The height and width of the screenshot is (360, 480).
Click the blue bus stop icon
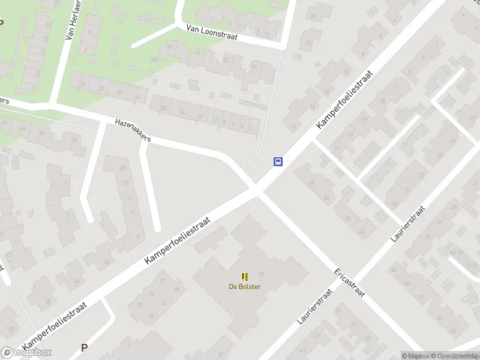[x=278, y=161]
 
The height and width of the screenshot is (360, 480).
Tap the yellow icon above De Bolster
[x=245, y=277]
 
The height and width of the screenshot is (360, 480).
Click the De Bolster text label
[x=245, y=286]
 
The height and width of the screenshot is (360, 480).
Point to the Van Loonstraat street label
[x=212, y=32]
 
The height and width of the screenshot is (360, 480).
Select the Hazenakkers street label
[x=133, y=130]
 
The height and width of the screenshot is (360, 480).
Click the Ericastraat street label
[x=350, y=282]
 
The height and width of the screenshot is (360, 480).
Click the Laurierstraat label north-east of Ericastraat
[x=407, y=223]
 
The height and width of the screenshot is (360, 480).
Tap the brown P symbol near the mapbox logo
[x=84, y=347]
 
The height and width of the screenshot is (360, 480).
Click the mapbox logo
[x=26, y=353]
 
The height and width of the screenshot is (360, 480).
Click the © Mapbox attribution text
[x=416, y=356]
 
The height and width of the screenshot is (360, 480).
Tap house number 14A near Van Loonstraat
[x=154, y=59]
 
